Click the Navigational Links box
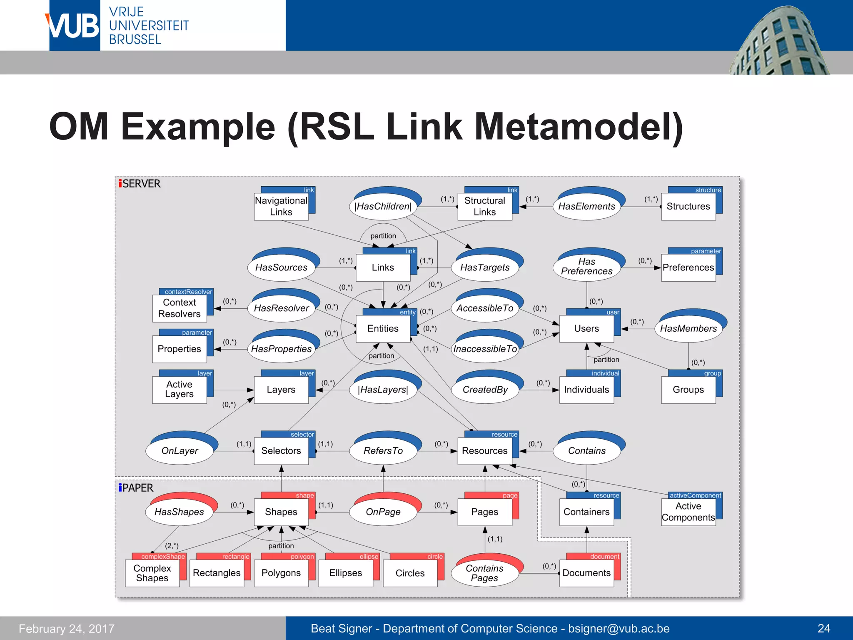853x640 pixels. (x=281, y=206)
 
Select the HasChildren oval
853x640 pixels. (x=383, y=206)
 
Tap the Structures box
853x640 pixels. (x=688, y=206)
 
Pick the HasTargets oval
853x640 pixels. (x=485, y=267)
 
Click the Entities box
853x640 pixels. (x=383, y=329)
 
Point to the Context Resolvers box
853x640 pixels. (x=179, y=308)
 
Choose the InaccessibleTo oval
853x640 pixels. (x=485, y=349)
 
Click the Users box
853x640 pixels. (x=586, y=329)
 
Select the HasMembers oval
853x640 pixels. (x=688, y=329)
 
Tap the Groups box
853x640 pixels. (x=688, y=390)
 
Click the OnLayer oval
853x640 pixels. (x=180, y=451)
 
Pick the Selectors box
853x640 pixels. (x=281, y=451)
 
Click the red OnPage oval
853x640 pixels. (x=383, y=512)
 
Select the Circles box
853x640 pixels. (x=410, y=573)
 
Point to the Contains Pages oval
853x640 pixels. (x=484, y=573)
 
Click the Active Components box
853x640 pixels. (x=688, y=512)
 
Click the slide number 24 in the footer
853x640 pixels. (x=823, y=628)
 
